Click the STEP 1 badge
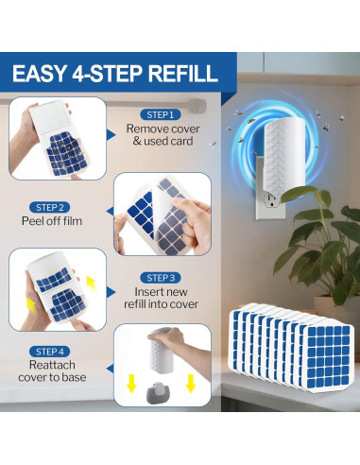161,114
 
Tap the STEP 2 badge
49,207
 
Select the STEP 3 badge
161,278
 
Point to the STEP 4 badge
49,352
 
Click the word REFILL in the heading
183,74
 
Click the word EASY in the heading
39,74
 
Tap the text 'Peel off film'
52,221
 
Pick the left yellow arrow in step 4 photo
131,384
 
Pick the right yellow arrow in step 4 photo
190,384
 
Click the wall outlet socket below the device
270,199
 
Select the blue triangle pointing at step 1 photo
111,135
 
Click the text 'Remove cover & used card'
163,135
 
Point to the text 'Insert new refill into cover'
161,298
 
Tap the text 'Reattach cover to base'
52,371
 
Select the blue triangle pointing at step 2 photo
111,212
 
